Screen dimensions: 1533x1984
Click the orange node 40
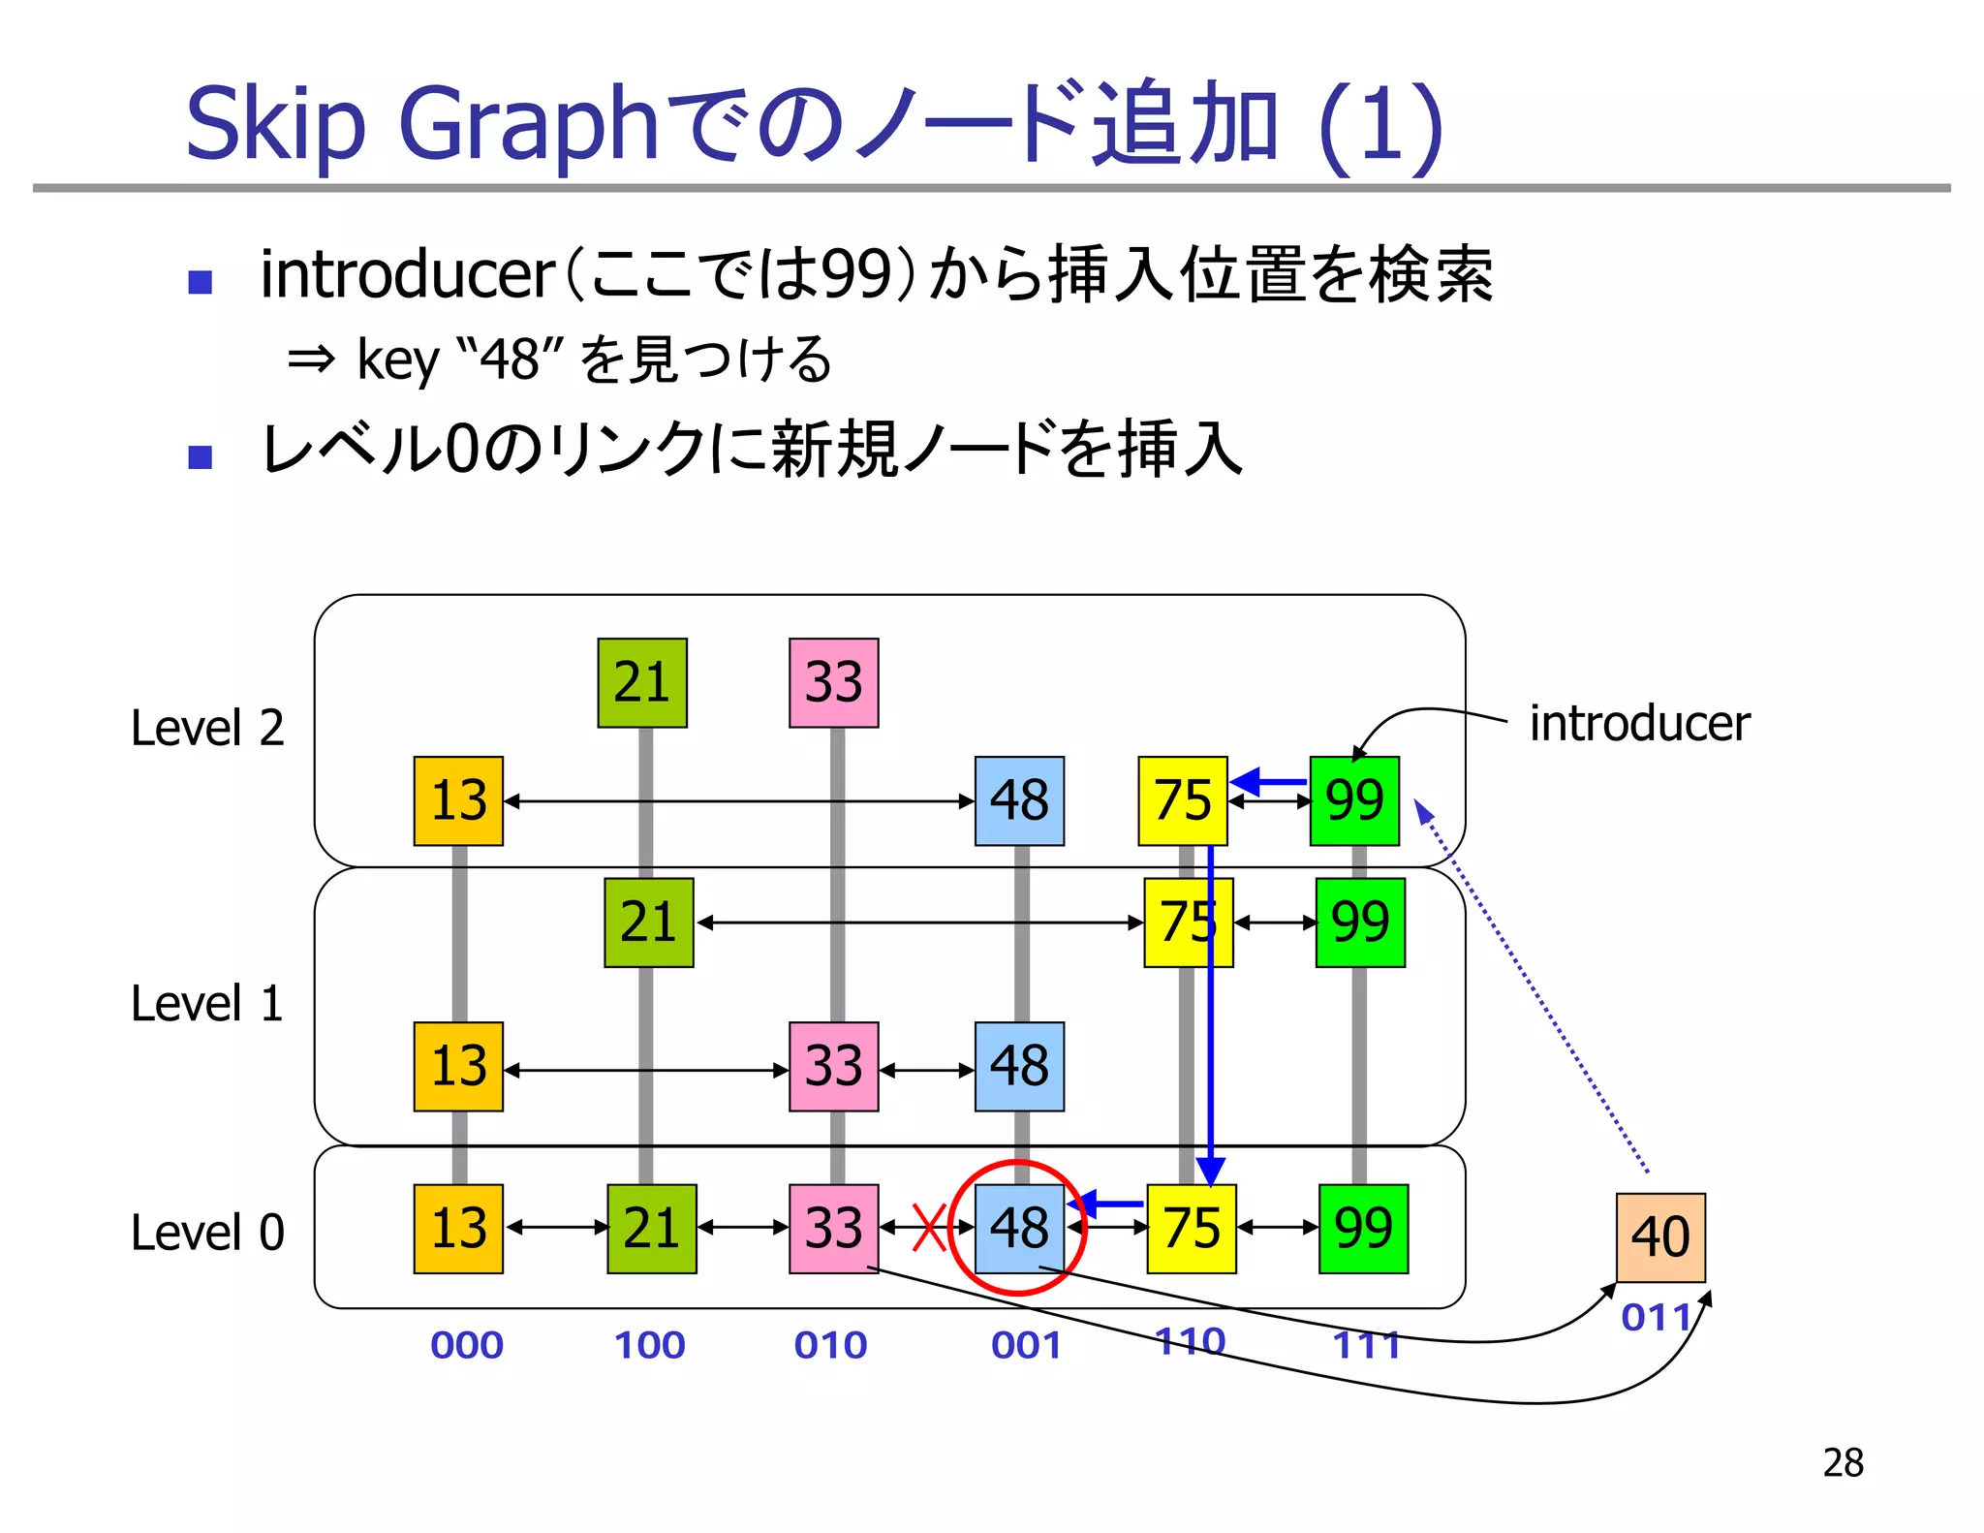pyautogui.click(x=1659, y=1237)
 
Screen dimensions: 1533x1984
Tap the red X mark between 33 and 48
pyautogui.click(x=929, y=1228)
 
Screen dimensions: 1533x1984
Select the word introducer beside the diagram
pyautogui.click(x=1639, y=724)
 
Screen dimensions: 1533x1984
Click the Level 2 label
pyautogui.click(x=207, y=728)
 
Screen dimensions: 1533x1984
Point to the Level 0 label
pyautogui.click(x=207, y=1233)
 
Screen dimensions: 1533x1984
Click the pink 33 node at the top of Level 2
pyautogui.click(x=833, y=682)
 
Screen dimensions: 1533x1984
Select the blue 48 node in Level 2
pyautogui.click(x=1019, y=800)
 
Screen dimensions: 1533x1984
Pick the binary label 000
pyautogui.click(x=467, y=1345)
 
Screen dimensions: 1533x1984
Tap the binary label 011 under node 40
pyautogui.click(x=1657, y=1318)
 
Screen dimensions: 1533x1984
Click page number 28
pyautogui.click(x=1843, y=1462)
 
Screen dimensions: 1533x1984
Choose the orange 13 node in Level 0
pyautogui.click(x=458, y=1228)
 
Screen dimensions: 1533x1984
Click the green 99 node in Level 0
pyautogui.click(x=1363, y=1228)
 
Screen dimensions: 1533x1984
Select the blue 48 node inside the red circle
pyautogui.click(x=1019, y=1228)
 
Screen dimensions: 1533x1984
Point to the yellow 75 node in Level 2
pyautogui.click(x=1182, y=800)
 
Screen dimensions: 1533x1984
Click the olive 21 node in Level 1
pyautogui.click(x=648, y=922)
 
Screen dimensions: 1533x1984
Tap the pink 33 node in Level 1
pyautogui.click(x=833, y=1066)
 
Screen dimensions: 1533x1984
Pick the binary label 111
pyautogui.click(x=1366, y=1345)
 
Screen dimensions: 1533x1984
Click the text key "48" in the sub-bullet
pyautogui.click(x=448, y=360)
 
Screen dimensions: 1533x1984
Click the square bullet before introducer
pyautogui.click(x=201, y=282)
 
